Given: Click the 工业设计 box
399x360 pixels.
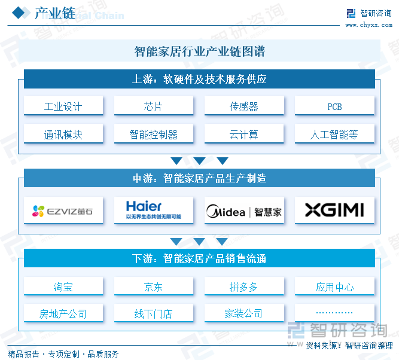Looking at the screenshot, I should click(63, 106).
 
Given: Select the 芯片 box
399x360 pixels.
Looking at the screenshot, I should click(154, 106).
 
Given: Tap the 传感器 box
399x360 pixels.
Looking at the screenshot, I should click(244, 106).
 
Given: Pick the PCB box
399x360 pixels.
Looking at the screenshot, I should click(334, 106).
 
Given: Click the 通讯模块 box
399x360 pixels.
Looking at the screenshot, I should click(63, 135).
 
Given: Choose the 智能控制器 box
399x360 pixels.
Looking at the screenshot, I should click(154, 135).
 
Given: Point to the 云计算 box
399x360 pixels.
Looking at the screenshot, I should click(244, 135).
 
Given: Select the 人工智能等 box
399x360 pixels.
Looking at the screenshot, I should click(334, 135).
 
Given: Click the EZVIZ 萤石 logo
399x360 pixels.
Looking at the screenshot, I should click(63, 210).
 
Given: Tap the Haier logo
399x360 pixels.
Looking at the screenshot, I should click(154, 210).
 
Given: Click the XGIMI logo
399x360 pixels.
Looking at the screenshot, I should click(334, 210).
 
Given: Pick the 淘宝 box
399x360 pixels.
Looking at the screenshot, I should click(63, 287).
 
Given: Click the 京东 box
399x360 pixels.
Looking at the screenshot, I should click(154, 287).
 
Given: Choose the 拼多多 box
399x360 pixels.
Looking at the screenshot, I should click(244, 287).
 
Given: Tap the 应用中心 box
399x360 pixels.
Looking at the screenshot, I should click(334, 287).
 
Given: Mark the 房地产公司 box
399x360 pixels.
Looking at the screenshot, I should click(63, 313).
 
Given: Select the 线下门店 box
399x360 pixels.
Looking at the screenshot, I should click(154, 313).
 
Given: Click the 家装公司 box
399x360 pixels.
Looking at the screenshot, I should click(244, 313).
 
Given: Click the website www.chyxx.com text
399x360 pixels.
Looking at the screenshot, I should click(368, 25).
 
